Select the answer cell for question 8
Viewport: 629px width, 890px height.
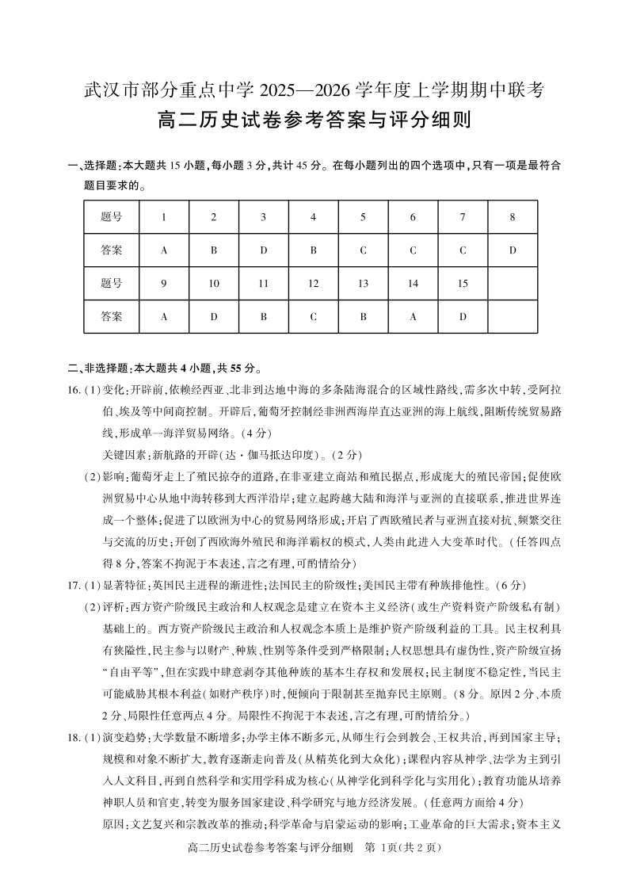click(513, 250)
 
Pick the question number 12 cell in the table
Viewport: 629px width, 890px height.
click(313, 283)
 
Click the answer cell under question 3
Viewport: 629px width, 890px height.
click(263, 250)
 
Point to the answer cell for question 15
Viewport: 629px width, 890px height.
click(463, 316)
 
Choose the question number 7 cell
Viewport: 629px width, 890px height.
click(463, 217)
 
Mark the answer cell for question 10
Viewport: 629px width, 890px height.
click(213, 316)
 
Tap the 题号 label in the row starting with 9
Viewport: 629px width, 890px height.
click(112, 283)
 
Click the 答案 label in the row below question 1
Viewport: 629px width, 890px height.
click(112, 250)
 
